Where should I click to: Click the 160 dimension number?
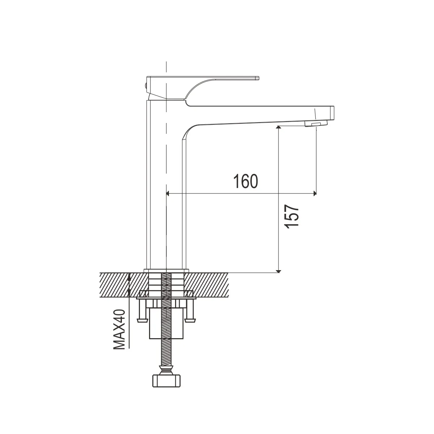(x=246, y=181)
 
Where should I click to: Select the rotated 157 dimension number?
(x=292, y=217)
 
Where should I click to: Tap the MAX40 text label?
(x=119, y=329)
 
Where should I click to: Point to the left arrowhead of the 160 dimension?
(x=167, y=193)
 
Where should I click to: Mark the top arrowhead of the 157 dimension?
(x=278, y=127)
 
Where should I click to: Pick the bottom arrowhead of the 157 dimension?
(x=278, y=271)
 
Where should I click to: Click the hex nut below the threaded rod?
(x=166, y=380)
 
